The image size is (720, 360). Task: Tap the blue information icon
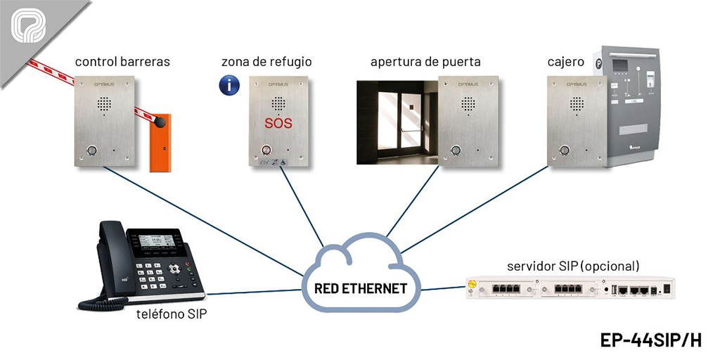tap(229, 86)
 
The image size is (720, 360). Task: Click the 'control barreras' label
tap(122, 62)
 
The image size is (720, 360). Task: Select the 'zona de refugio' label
tap(266, 62)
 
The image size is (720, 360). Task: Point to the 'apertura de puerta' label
tap(425, 62)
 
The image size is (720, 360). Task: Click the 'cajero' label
tap(565, 62)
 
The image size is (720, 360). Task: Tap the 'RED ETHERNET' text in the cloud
tap(361, 288)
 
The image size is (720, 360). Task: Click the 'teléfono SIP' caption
tap(172, 314)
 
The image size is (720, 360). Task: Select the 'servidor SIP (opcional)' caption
tap(573, 266)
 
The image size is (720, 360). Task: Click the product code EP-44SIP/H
tap(651, 340)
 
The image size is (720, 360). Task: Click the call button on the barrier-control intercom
tap(93, 150)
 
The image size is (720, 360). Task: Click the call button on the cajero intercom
tap(564, 150)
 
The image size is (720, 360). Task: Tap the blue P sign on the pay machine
tap(598, 63)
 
